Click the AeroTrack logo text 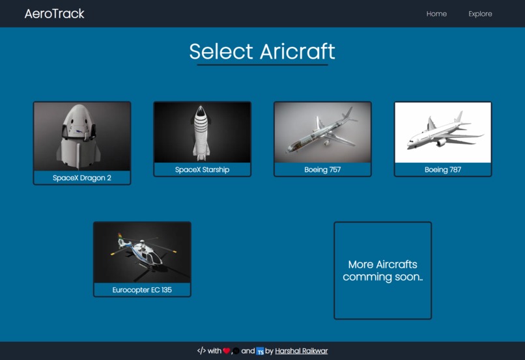click(x=54, y=14)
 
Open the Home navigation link click(x=436, y=14)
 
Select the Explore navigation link click(x=480, y=14)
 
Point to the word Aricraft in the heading click(x=298, y=51)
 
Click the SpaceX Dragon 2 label click(x=82, y=178)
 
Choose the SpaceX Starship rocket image click(x=202, y=132)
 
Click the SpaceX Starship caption click(x=202, y=170)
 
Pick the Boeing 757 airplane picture click(x=322, y=132)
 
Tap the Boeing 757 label click(x=322, y=170)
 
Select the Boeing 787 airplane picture click(x=443, y=132)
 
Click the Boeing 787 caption click(x=443, y=170)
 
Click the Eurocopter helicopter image click(x=142, y=252)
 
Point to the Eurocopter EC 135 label click(x=142, y=290)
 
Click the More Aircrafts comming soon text click(x=382, y=271)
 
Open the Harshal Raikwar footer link click(x=301, y=351)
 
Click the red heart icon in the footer click(x=227, y=351)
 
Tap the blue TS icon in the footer click(x=260, y=352)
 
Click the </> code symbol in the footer click(x=201, y=351)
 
